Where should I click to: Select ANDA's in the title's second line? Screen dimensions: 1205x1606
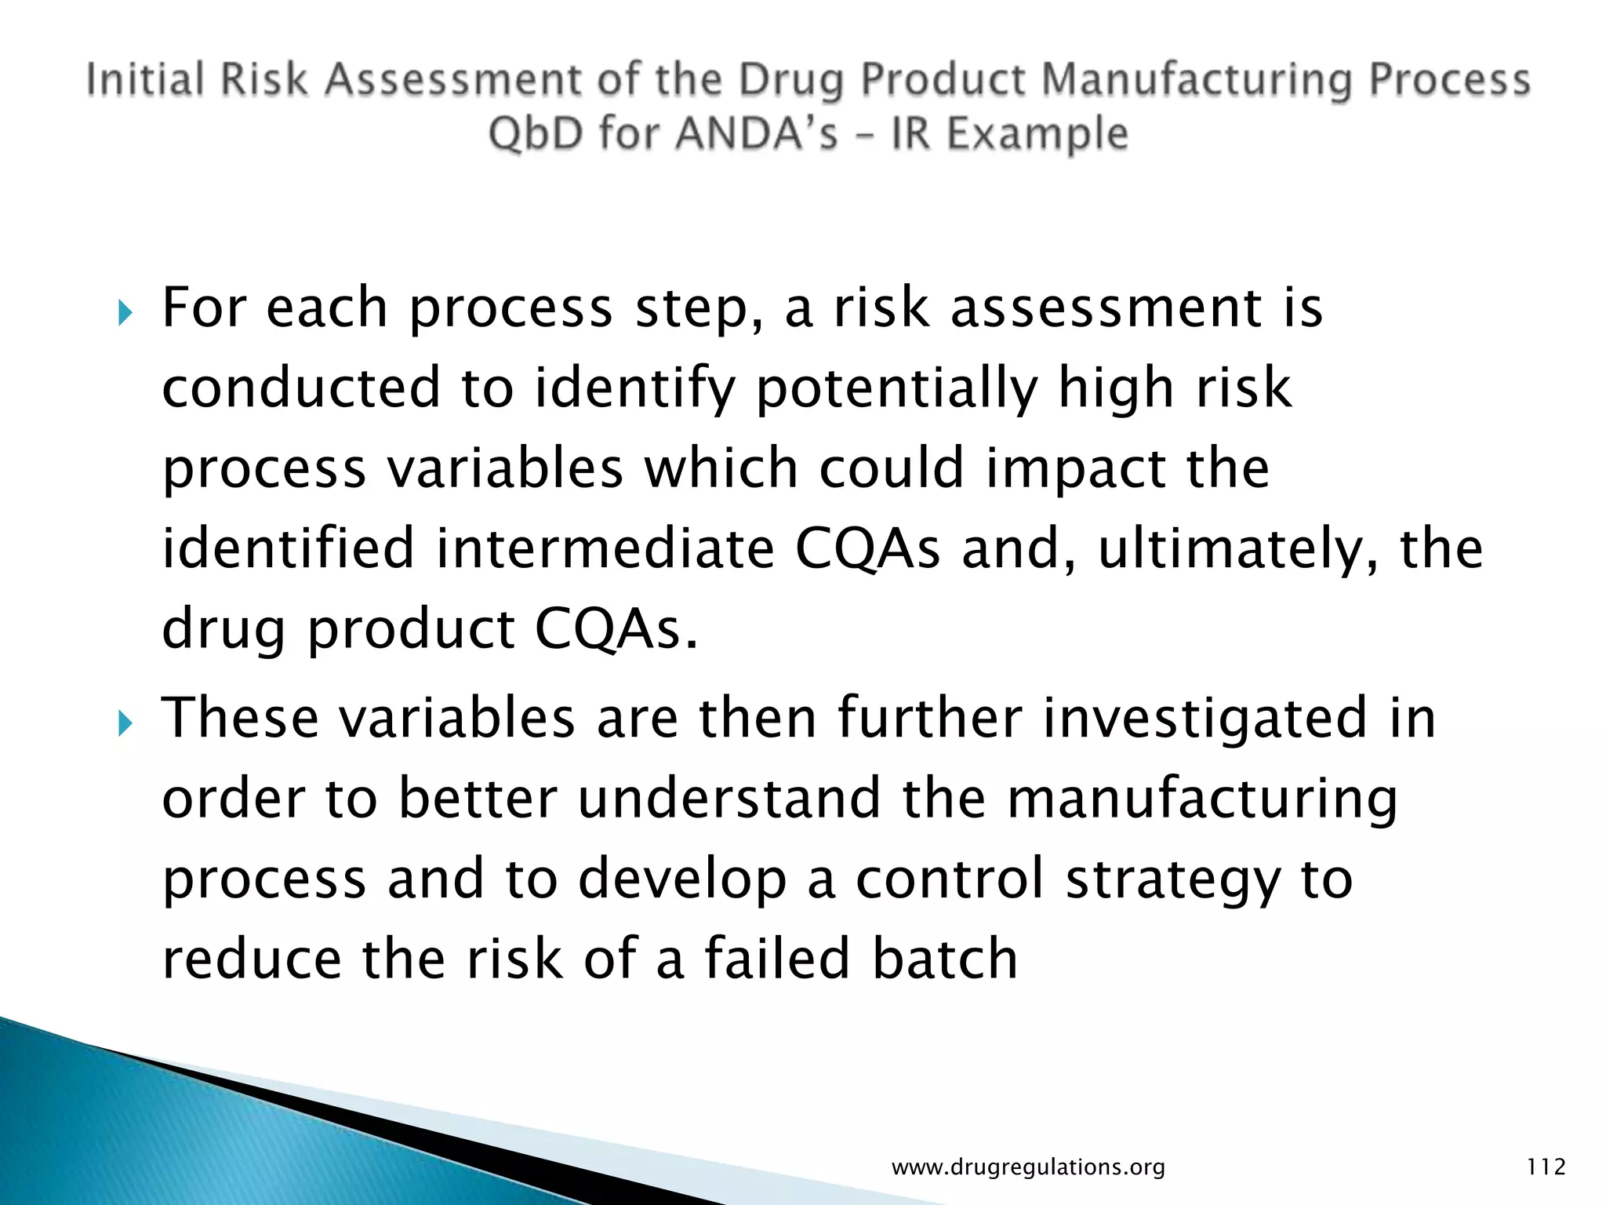[x=756, y=133]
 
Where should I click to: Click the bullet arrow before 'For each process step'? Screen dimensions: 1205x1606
[x=125, y=315]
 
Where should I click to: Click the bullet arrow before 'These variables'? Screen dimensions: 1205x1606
[x=125, y=725]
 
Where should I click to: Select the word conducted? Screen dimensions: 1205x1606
[x=301, y=388]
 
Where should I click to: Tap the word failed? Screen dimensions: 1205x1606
[x=777, y=959]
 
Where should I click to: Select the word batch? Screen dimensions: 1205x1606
[x=945, y=959]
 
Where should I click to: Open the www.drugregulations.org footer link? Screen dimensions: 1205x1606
[x=1028, y=1167]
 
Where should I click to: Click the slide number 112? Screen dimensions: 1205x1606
[x=1546, y=1167]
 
